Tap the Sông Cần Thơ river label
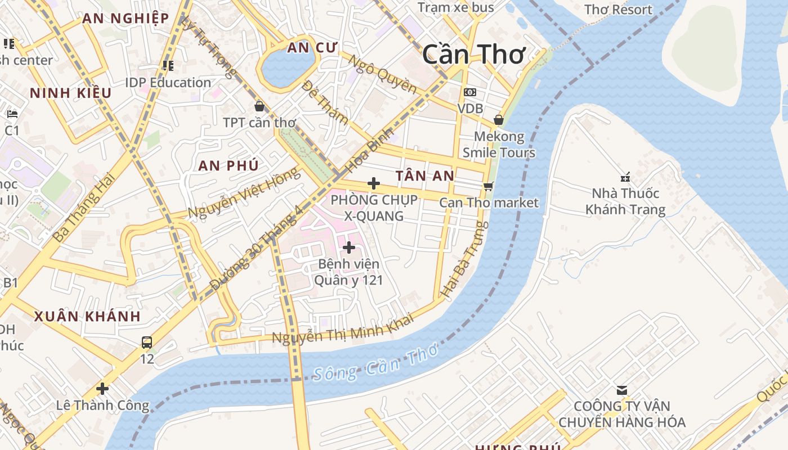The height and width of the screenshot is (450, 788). tap(375, 363)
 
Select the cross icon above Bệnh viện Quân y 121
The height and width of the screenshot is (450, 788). tap(349, 247)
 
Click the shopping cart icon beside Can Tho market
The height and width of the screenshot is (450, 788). tap(488, 186)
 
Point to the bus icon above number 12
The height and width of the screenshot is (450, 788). tap(147, 342)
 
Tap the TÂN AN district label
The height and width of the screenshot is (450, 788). tap(424, 176)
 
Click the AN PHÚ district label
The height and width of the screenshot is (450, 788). tap(229, 165)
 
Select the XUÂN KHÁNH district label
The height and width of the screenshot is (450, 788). tap(87, 316)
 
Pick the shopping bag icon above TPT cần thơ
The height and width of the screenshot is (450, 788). tap(259, 106)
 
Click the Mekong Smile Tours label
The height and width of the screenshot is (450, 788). tap(499, 145)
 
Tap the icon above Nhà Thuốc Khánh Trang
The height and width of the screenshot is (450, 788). tap(625, 177)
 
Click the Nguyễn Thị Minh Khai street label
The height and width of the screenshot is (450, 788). tap(343, 330)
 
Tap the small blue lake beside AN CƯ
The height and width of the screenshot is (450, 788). tap(287, 68)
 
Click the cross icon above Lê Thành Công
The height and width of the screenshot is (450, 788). tap(102, 388)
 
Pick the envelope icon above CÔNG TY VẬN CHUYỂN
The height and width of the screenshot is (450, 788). tap(622, 390)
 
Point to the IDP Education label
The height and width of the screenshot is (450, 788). tap(168, 83)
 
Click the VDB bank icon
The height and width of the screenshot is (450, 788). tap(469, 92)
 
